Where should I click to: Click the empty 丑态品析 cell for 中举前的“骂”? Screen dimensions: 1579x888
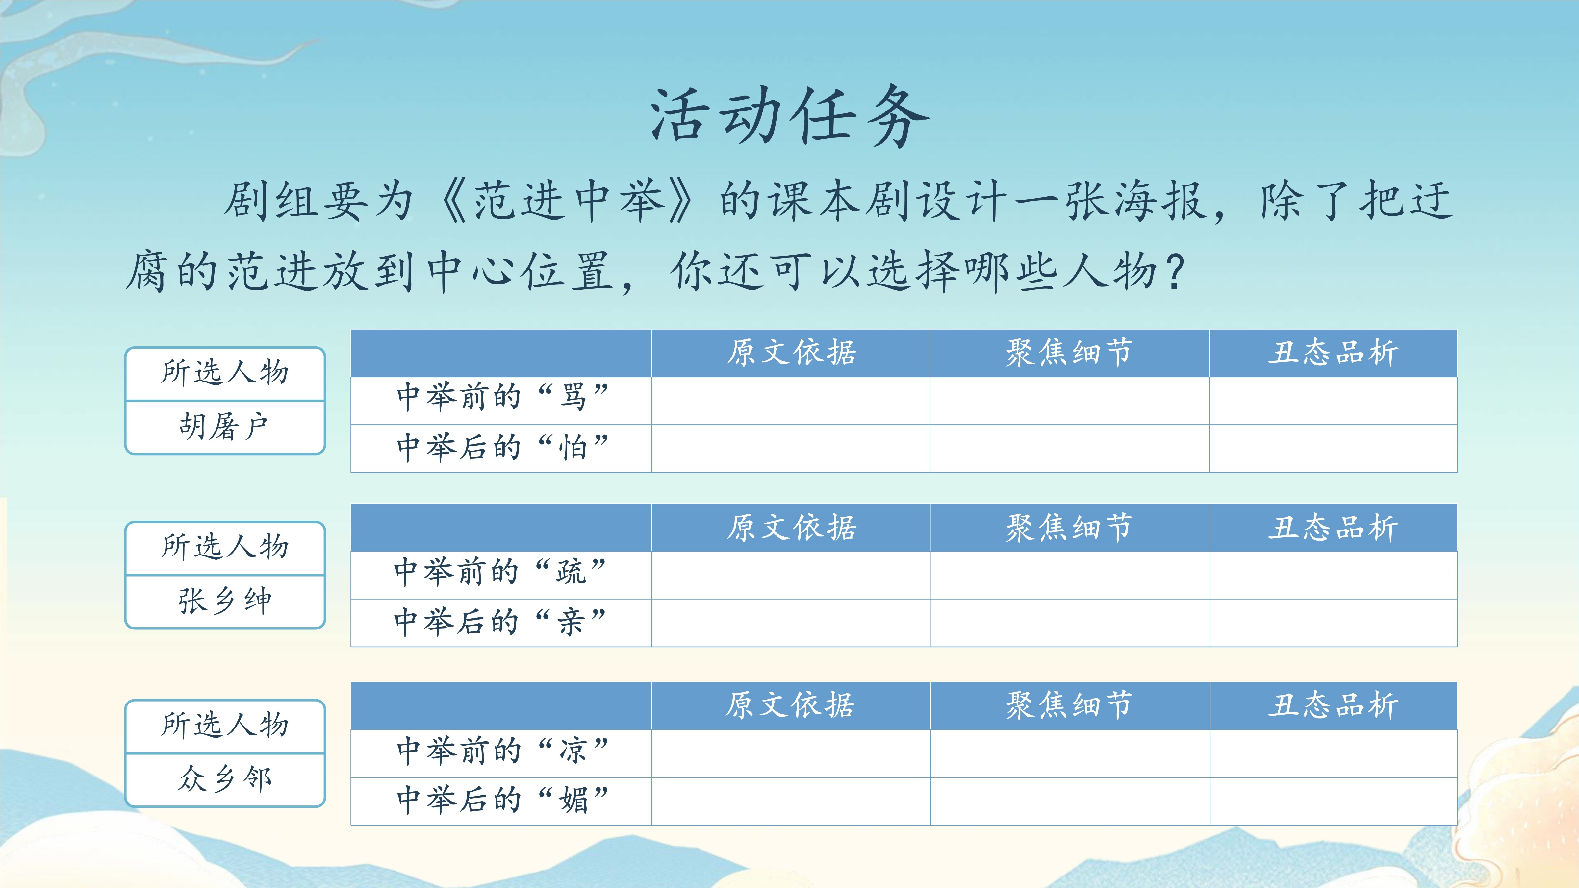pyautogui.click(x=1333, y=401)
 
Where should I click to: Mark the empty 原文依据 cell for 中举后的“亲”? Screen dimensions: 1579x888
pyautogui.click(x=791, y=623)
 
